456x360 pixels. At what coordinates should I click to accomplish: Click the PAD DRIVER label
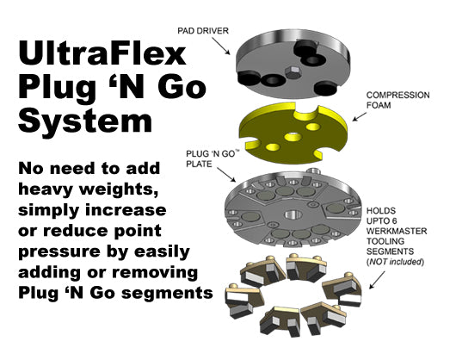click(x=203, y=30)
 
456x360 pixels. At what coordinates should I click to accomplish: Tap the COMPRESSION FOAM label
click(x=397, y=100)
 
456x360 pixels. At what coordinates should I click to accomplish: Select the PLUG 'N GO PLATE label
click(x=213, y=158)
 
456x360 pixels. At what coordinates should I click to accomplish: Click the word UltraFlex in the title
click(x=102, y=53)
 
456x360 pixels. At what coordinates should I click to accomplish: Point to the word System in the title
click(x=85, y=121)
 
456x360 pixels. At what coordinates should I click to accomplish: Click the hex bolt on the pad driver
click(x=293, y=72)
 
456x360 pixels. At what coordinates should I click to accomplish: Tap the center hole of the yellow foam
click(x=293, y=136)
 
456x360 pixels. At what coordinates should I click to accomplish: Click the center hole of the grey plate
click(x=293, y=215)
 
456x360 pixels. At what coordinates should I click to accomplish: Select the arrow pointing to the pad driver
click(x=221, y=46)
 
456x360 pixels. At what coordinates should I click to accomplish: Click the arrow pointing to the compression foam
click(x=360, y=116)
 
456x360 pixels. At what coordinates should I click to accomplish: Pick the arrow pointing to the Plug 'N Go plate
click(x=226, y=175)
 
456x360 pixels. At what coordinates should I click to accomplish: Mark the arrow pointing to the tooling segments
click(x=377, y=280)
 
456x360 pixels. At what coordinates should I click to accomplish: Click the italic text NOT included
click(x=395, y=262)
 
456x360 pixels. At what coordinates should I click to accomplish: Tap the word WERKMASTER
click(x=397, y=231)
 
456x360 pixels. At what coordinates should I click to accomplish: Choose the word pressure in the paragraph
click(x=59, y=252)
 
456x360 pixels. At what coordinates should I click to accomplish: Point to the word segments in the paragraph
click(x=167, y=294)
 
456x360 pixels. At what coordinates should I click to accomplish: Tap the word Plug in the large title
click(x=57, y=89)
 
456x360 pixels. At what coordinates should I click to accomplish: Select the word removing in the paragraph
click(x=155, y=273)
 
